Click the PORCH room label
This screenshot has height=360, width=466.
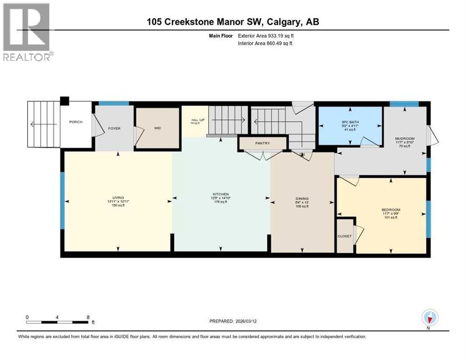75,122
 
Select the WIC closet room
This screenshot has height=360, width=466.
158,128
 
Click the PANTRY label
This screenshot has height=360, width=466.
263,143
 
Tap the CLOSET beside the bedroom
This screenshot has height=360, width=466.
345,236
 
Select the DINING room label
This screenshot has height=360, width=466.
302,199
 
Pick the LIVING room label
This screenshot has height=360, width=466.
118,198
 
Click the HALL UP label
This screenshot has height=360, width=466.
194,120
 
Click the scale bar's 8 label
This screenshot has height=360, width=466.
88,317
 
